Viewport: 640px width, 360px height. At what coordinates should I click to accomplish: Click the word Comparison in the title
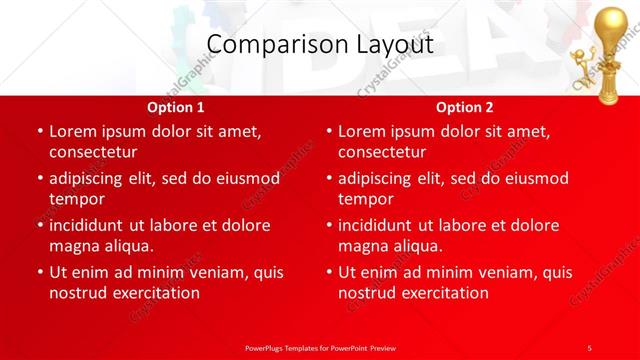pyautogui.click(x=261, y=45)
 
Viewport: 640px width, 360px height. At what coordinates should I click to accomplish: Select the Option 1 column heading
pyautogui.click(x=176, y=106)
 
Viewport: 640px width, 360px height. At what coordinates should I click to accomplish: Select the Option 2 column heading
pyautogui.click(x=465, y=106)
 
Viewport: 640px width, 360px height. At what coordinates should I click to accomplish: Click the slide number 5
pyautogui.click(x=589, y=347)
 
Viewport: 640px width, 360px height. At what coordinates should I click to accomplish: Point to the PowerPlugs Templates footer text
pyautogui.click(x=320, y=347)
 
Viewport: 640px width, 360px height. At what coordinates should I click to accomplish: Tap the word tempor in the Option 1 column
pyautogui.click(x=76, y=199)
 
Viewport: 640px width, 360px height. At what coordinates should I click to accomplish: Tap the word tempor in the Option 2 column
pyautogui.click(x=365, y=199)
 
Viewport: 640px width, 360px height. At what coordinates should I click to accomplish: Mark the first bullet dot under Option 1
pyautogui.click(x=39, y=131)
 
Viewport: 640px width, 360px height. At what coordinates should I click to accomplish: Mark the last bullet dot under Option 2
pyautogui.click(x=328, y=272)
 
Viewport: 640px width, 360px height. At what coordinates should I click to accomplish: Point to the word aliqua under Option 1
pyautogui.click(x=128, y=246)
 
